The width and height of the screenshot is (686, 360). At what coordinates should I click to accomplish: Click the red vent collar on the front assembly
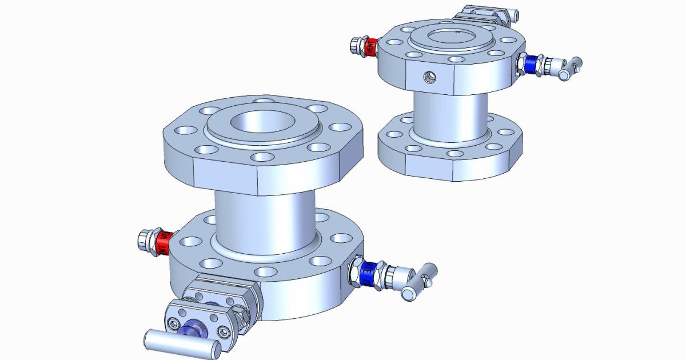[163, 242]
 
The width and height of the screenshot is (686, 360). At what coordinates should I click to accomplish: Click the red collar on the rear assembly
[370, 46]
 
